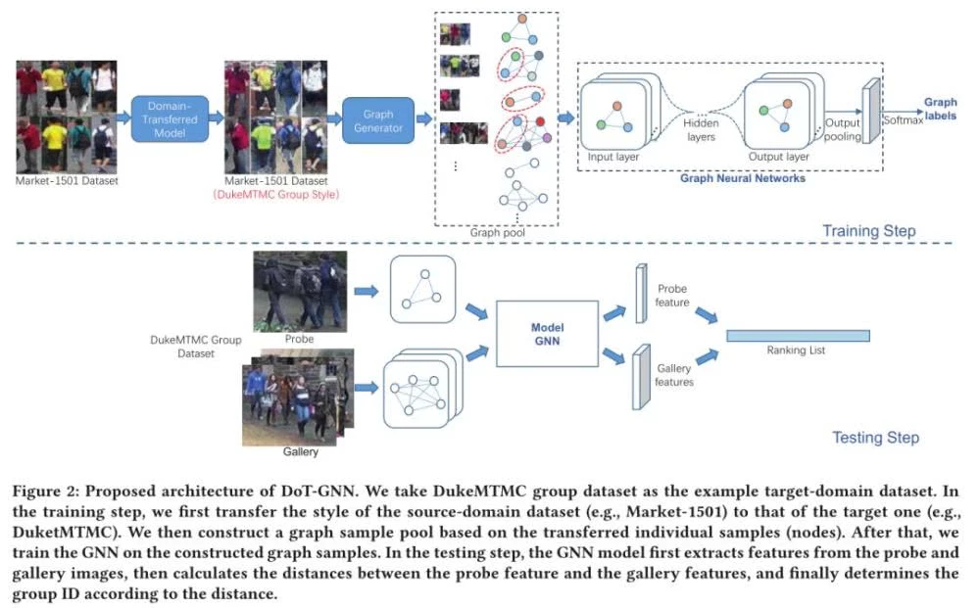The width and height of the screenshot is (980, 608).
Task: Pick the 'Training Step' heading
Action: pos(869,231)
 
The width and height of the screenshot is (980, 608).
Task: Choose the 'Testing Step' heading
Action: pos(875,437)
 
